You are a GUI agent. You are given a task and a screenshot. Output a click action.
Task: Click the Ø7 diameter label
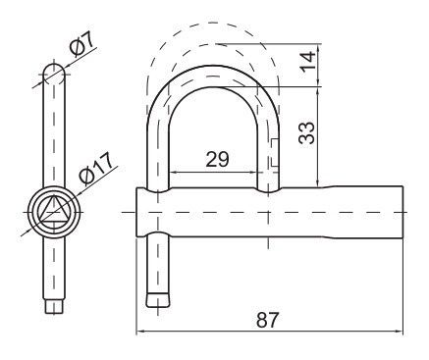82,44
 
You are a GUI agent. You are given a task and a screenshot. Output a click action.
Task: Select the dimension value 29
217,159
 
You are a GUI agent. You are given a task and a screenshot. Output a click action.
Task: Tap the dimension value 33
307,133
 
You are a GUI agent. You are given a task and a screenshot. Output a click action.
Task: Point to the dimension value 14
308,62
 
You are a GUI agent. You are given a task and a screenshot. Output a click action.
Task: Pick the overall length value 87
268,320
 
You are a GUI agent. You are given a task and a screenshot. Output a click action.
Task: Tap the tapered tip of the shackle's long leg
158,299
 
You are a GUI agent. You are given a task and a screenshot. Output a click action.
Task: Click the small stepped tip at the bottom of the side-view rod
54,307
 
